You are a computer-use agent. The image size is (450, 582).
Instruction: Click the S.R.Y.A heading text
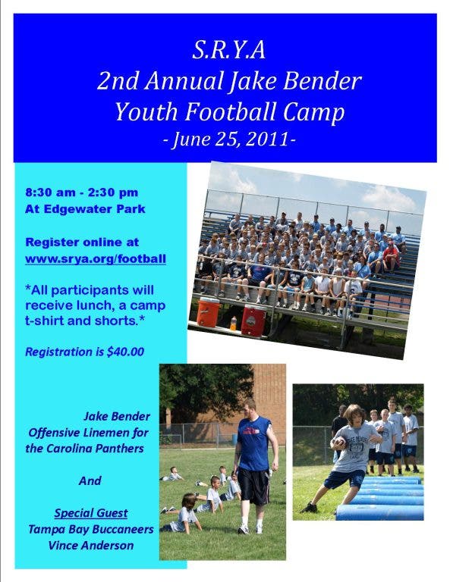pyautogui.click(x=228, y=50)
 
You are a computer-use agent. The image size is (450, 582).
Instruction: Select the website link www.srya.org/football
pyautogui.click(x=96, y=258)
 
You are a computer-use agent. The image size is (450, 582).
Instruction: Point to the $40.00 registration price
pyautogui.click(x=125, y=352)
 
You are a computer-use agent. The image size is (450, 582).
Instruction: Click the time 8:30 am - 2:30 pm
pyautogui.click(x=82, y=192)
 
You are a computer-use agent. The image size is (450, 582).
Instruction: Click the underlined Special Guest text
pyautogui.click(x=91, y=513)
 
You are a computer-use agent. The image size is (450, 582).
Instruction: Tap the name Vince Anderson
pyautogui.click(x=91, y=546)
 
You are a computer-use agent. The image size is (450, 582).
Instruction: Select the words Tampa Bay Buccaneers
pyautogui.click(x=91, y=529)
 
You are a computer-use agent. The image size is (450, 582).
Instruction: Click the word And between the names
pyautogui.click(x=90, y=480)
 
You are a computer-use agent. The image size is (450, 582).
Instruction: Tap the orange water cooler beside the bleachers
pyautogui.click(x=208, y=312)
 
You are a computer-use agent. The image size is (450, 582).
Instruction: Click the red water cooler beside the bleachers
pyautogui.click(x=253, y=321)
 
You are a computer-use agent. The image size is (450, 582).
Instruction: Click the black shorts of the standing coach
pyautogui.click(x=253, y=486)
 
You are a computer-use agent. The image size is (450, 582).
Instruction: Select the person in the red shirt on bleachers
pyautogui.click(x=391, y=255)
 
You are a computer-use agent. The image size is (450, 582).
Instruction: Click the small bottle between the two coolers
pyautogui.click(x=233, y=324)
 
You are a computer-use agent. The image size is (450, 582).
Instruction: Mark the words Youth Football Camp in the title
pyautogui.click(x=230, y=112)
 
